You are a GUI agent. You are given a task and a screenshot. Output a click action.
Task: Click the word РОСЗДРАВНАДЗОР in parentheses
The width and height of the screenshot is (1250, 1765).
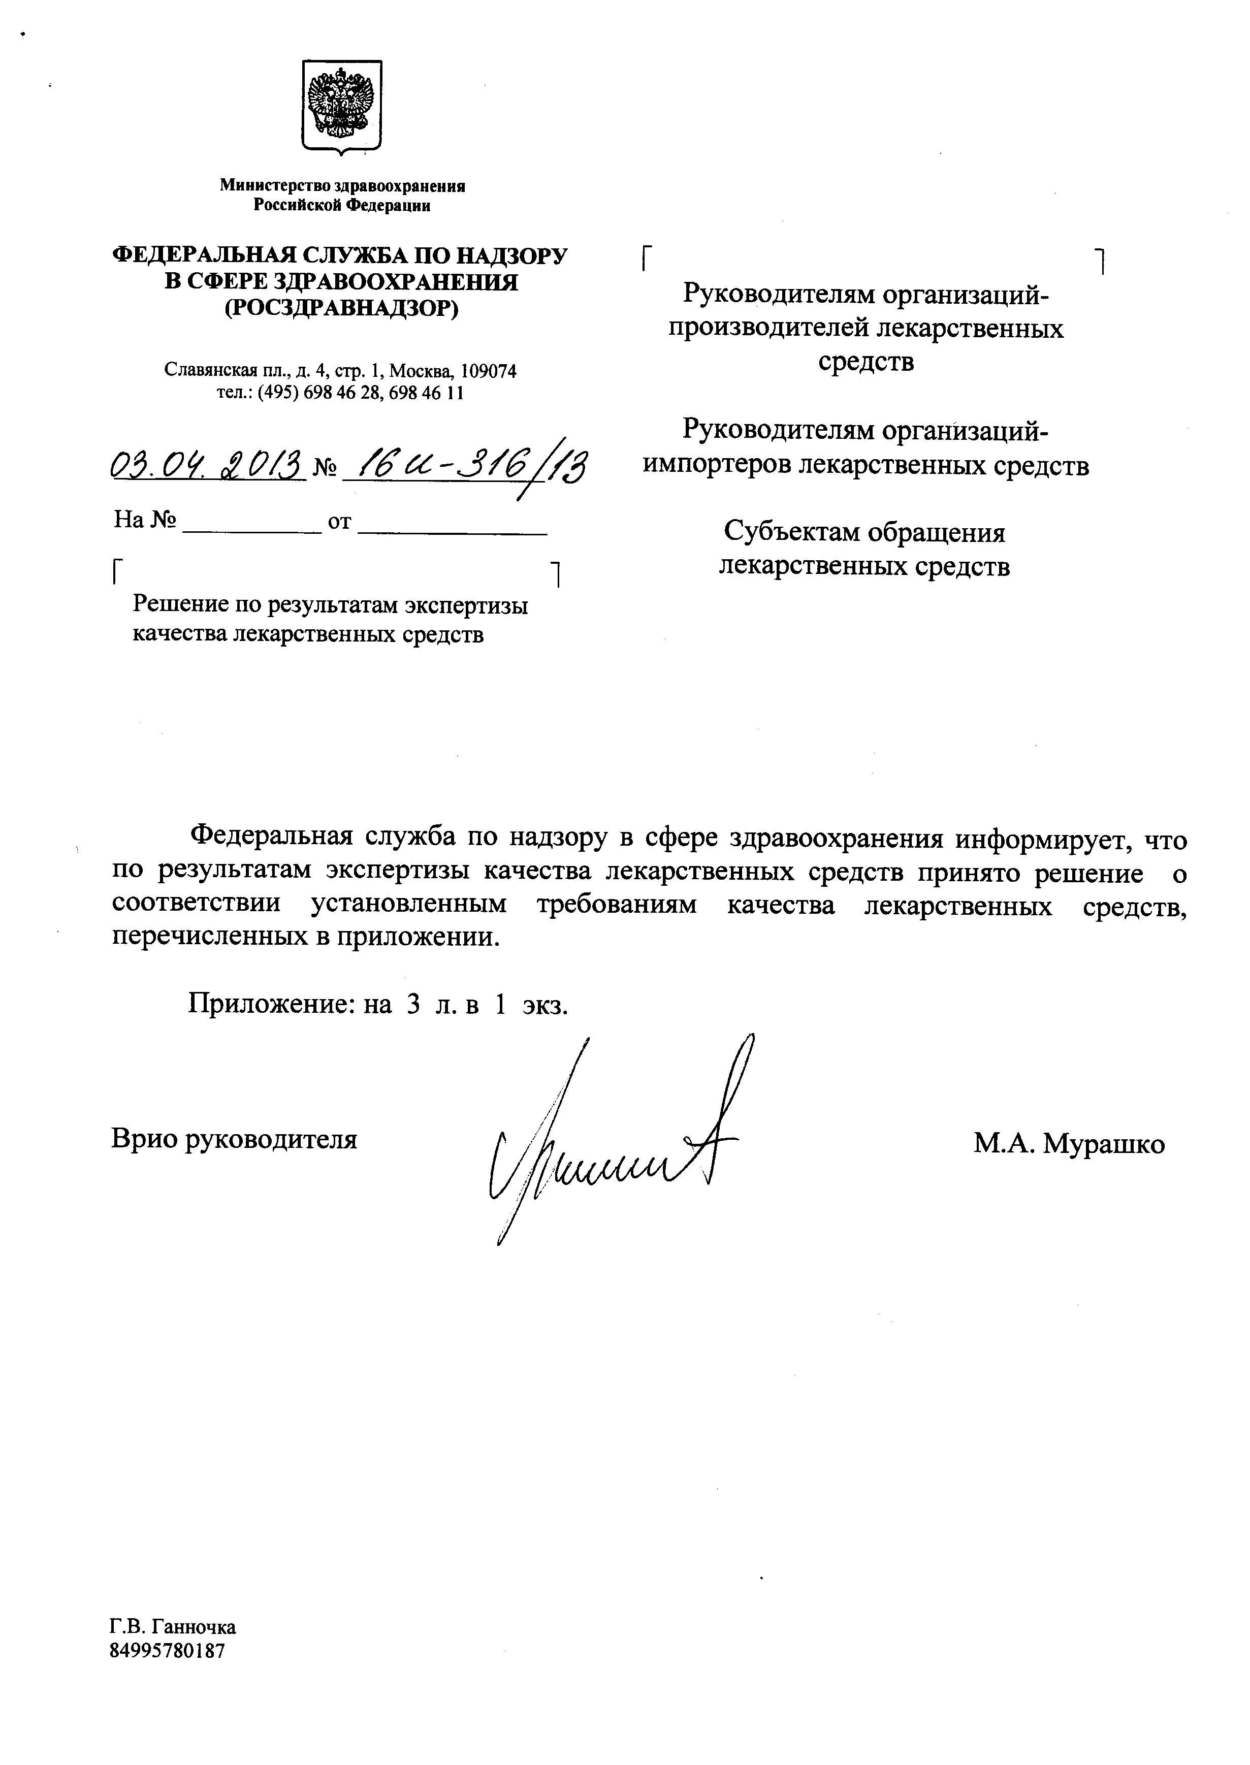pos(340,309)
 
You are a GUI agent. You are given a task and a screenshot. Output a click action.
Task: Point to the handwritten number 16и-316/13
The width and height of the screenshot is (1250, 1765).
pos(466,466)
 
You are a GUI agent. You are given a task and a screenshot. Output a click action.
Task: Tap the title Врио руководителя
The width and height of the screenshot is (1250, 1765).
pos(234,1139)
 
